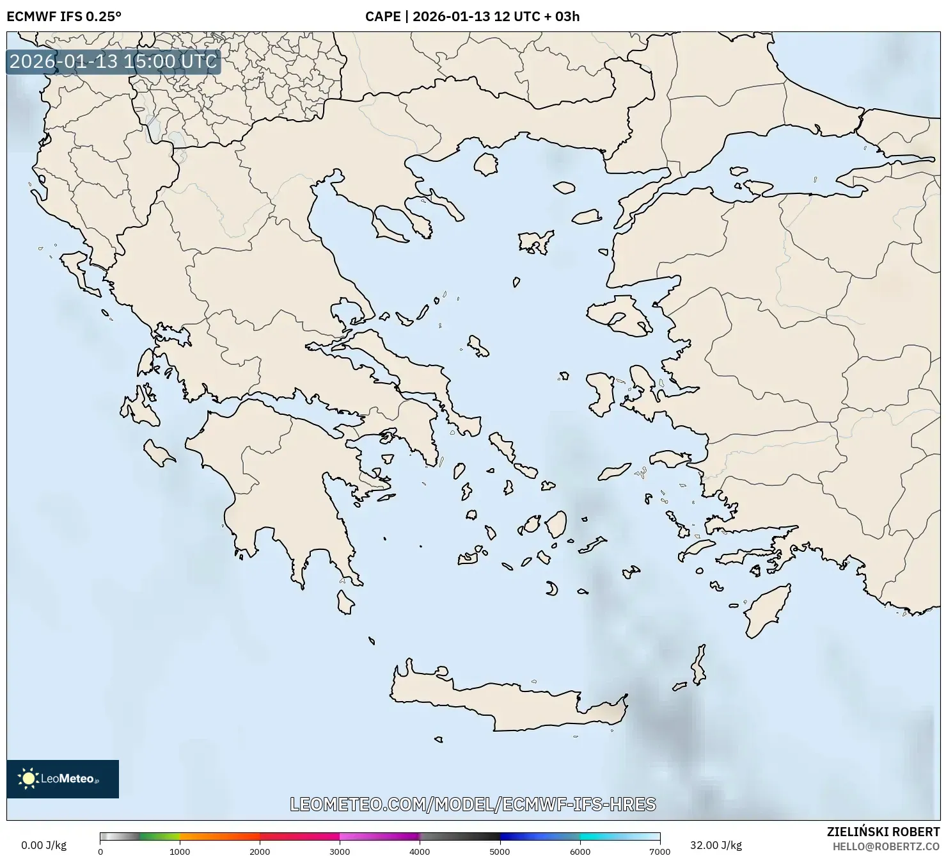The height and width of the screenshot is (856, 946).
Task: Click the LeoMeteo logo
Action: coord(62,779)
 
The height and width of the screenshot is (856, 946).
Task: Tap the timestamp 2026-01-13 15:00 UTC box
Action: coord(113,61)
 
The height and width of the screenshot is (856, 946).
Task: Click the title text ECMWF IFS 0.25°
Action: coord(63,17)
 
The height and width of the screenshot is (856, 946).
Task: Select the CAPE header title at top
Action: coord(472,17)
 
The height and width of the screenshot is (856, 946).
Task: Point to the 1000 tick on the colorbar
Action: coord(180,851)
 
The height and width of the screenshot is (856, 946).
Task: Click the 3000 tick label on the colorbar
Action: coord(340,851)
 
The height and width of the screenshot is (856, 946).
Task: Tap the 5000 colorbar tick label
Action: coord(500,851)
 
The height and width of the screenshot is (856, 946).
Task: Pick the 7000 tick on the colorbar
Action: coord(659,851)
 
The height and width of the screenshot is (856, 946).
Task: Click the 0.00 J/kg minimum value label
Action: coord(43,845)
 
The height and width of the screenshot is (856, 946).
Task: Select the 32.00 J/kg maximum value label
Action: coord(716,845)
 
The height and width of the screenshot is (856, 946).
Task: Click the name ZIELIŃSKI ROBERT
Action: coord(883,832)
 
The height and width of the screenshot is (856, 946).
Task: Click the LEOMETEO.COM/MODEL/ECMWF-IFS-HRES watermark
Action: coord(473,804)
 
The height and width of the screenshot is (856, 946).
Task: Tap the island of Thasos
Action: coord(486,165)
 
